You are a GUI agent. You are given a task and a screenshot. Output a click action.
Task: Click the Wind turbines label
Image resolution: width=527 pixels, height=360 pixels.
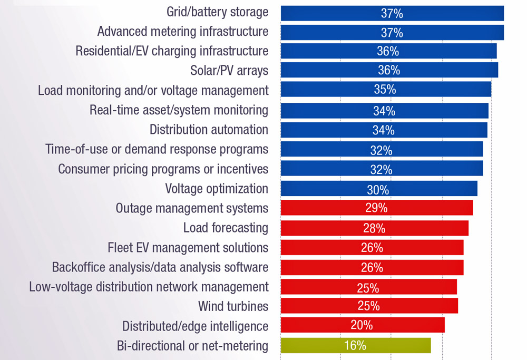click(x=233, y=306)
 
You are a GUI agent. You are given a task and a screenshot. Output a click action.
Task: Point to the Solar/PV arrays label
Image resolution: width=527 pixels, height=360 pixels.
click(x=229, y=70)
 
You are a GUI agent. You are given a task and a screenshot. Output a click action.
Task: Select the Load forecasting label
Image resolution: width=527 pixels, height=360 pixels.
click(x=226, y=228)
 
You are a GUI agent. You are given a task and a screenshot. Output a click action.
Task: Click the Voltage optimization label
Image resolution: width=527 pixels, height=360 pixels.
click(x=217, y=189)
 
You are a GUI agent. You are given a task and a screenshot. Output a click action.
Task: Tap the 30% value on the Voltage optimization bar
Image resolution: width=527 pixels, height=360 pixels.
click(x=378, y=189)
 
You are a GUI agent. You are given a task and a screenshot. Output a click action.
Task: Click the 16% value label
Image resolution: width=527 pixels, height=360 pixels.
click(x=355, y=346)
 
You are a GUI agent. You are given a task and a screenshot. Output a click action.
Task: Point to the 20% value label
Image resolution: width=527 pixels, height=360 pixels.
click(x=362, y=325)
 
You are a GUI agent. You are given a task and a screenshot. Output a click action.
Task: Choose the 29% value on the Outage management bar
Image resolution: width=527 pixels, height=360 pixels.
click(x=376, y=208)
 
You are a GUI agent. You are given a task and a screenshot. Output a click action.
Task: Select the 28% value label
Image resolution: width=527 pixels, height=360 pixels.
click(x=374, y=228)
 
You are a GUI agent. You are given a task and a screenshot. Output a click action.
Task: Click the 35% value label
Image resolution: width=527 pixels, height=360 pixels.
click(x=385, y=89)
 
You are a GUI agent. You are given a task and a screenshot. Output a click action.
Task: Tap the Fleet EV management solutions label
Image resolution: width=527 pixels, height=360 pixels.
click(x=188, y=247)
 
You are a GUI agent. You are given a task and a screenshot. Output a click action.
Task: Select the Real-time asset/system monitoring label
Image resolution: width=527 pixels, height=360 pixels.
click(x=179, y=110)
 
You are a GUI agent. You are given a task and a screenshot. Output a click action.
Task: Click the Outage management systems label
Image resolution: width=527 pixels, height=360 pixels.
click(x=192, y=208)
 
